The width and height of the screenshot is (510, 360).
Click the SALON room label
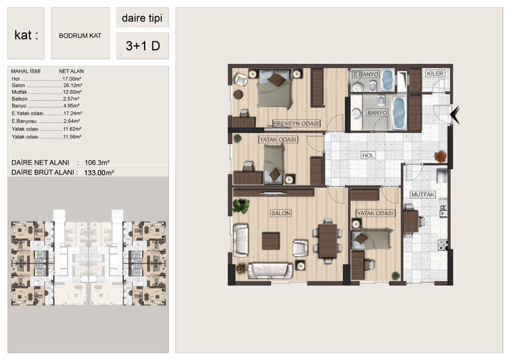coord(280,213)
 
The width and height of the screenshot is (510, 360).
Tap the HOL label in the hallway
coord(368,155)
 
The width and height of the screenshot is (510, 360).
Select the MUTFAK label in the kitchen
coord(423,194)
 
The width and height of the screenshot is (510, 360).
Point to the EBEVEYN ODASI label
coord(296,124)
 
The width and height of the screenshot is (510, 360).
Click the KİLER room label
coord(435,73)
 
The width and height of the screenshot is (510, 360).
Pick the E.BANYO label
coord(365,75)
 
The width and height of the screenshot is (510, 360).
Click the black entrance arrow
coord(455,115)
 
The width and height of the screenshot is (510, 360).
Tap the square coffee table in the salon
coord(270,241)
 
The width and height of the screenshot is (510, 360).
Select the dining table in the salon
coord(328,241)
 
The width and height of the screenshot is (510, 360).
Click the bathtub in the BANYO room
coord(398,112)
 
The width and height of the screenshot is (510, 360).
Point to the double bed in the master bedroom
coord(274,89)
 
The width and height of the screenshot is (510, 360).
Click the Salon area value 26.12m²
coord(72,85)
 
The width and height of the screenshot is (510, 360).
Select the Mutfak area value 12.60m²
coord(72,92)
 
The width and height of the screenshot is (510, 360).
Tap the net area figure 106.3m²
coord(97,162)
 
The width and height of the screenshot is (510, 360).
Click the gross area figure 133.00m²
coord(99,173)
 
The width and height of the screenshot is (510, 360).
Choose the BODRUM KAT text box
coord(80,33)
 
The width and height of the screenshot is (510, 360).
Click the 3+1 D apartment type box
coord(143,46)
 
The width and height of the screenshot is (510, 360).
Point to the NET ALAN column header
coord(71,71)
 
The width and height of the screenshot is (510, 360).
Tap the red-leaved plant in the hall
coord(440,155)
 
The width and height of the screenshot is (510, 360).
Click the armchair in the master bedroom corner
coord(240,79)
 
